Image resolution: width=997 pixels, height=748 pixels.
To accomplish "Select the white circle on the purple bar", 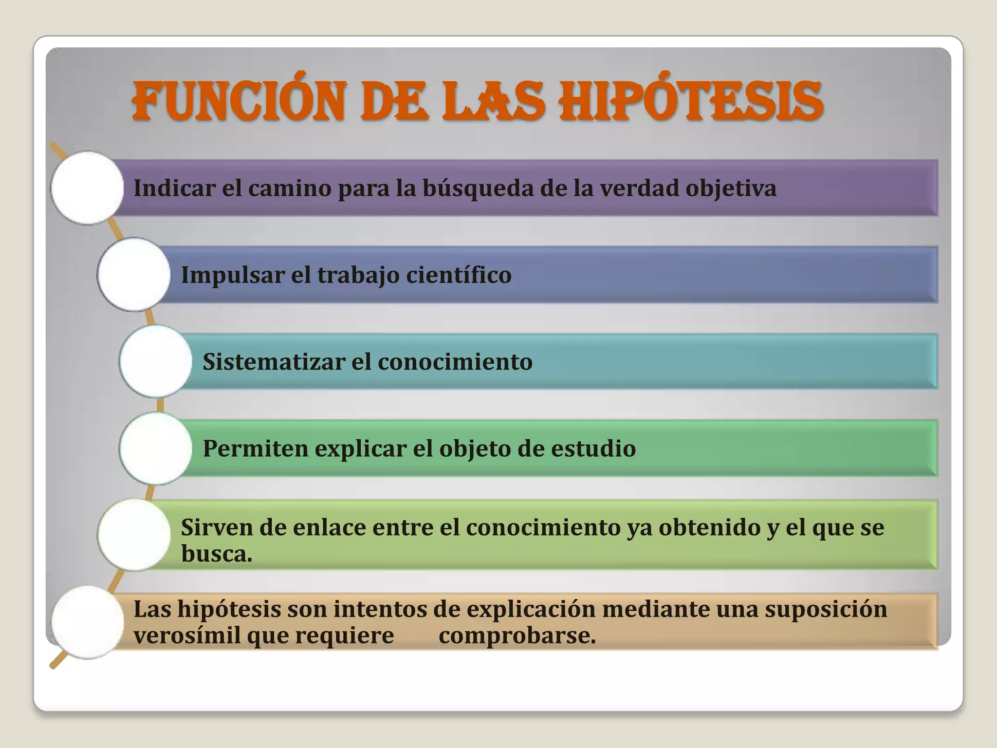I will coord(87,188).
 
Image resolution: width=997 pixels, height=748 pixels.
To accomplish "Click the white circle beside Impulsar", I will coord(134,275).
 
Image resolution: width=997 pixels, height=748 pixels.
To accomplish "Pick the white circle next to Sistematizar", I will coord(156,361).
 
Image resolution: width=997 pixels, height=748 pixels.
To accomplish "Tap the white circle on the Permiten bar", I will coord(156,448).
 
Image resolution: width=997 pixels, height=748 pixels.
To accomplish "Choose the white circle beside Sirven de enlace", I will coord(134,535).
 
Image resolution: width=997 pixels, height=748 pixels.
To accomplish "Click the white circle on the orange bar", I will coord(87,622).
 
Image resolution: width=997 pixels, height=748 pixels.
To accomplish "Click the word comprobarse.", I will coord(517,636).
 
